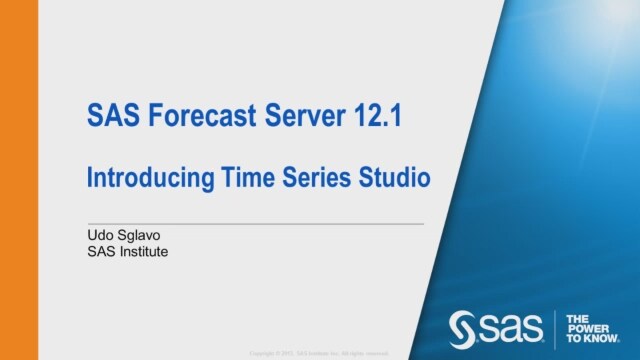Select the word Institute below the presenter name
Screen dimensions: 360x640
pyautogui.click(x=145, y=252)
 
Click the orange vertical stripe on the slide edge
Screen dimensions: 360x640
pyautogui.click(x=18, y=180)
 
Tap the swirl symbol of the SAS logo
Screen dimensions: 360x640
pyautogui.click(x=462, y=327)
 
